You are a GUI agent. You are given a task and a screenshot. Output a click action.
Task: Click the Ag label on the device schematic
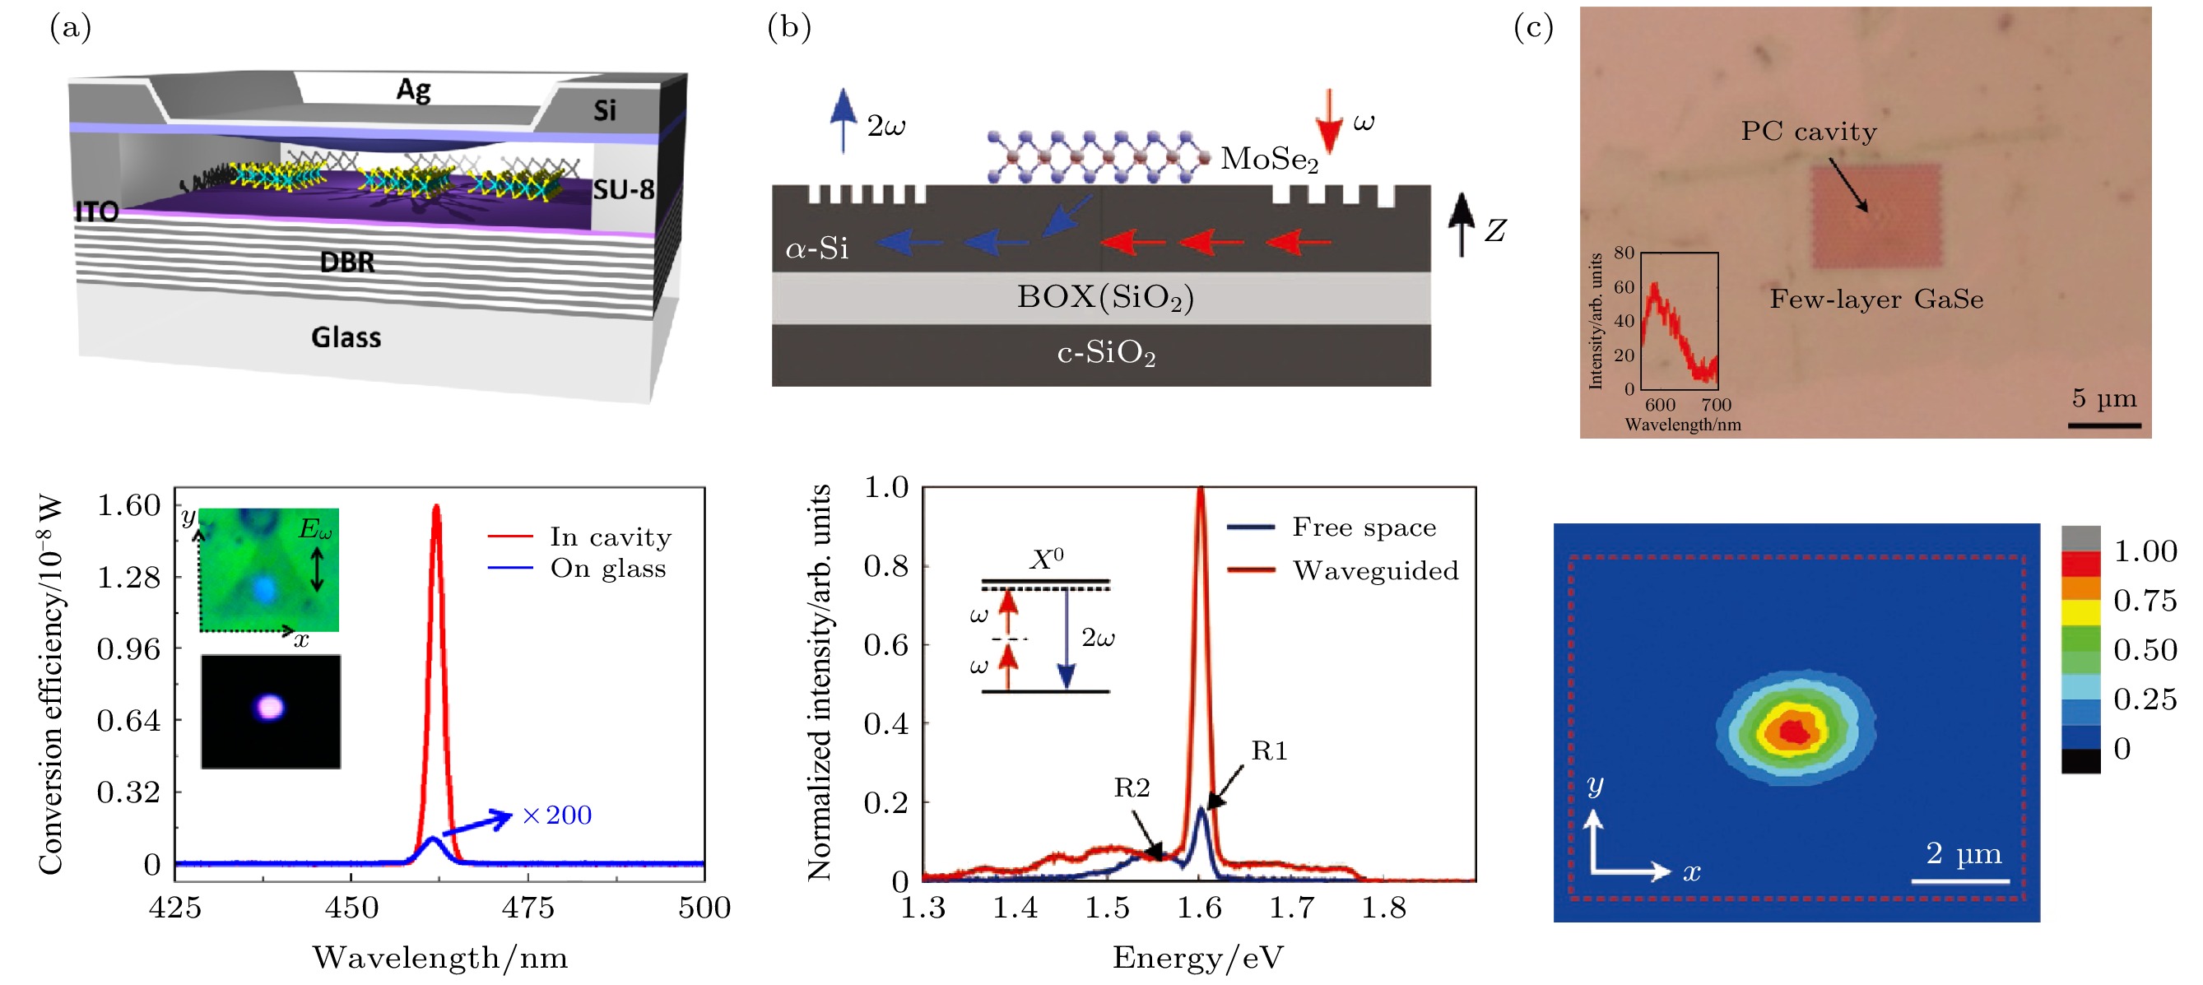click(413, 89)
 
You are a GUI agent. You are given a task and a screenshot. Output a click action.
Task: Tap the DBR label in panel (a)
click(346, 262)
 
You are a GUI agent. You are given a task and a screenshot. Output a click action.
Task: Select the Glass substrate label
click(346, 337)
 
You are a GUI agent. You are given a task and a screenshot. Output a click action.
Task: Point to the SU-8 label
click(624, 190)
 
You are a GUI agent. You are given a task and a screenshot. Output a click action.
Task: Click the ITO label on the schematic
click(96, 211)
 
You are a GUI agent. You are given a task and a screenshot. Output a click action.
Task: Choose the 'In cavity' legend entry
click(610, 537)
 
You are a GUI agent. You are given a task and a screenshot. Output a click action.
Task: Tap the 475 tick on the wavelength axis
click(528, 907)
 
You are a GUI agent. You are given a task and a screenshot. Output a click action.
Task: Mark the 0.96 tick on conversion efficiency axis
click(128, 649)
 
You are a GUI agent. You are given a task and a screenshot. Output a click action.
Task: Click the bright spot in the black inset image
click(270, 707)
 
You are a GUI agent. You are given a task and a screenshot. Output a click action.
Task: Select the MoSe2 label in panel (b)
click(1269, 159)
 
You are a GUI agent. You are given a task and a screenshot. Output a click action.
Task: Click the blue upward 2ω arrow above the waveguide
click(844, 119)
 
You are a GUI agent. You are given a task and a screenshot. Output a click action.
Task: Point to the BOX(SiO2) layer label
click(1105, 298)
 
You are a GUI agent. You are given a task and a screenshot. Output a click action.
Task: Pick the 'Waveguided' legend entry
click(1374, 570)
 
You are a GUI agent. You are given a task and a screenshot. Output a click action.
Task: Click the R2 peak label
click(1132, 788)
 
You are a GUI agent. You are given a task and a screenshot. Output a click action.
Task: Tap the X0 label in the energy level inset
click(1046, 560)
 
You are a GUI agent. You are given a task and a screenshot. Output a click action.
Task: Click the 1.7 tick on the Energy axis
click(1291, 907)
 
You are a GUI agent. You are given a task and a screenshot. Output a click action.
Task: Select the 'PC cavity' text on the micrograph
click(1809, 132)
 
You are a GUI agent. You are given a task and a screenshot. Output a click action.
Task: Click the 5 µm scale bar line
click(2104, 425)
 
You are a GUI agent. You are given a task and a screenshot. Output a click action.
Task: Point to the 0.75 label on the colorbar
click(2145, 600)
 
